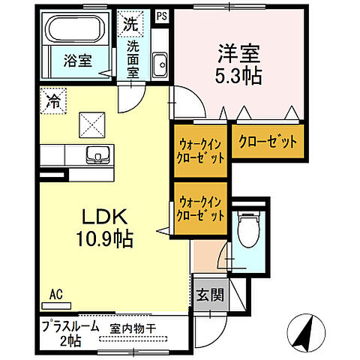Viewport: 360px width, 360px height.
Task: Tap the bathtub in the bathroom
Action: tap(77, 32)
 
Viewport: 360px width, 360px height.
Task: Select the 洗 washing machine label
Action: tap(130, 23)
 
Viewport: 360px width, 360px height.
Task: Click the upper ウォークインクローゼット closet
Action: tap(200, 149)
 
